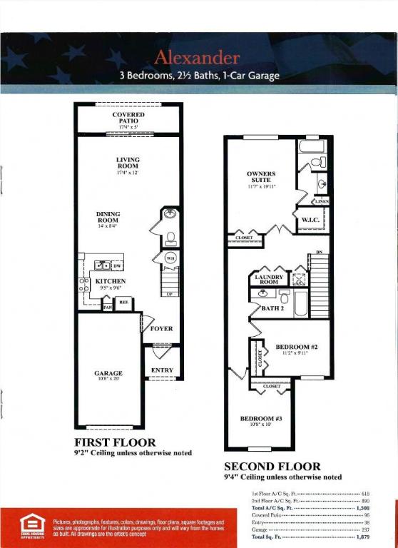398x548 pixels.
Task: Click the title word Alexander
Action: coord(196,57)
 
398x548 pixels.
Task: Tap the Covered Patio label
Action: coord(128,118)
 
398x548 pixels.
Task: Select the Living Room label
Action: coord(128,163)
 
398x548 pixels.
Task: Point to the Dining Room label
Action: coord(108,216)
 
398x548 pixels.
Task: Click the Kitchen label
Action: coord(111,281)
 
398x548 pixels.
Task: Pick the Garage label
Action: coord(108,373)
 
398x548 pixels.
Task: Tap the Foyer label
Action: coord(162,329)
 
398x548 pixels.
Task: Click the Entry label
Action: coord(162,370)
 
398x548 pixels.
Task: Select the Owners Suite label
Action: coord(261,176)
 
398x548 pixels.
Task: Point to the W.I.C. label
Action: coord(310,220)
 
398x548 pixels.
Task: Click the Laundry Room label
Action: coord(269,279)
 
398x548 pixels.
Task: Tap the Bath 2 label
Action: coord(272,308)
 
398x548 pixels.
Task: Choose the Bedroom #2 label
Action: coord(296,347)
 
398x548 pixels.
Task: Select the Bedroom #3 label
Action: coord(261,418)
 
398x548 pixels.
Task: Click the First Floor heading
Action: coord(115,442)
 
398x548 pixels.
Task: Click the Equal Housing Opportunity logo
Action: coord(31,527)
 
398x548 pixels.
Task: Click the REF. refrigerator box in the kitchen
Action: coord(123,303)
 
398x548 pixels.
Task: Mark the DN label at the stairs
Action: coord(319,252)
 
